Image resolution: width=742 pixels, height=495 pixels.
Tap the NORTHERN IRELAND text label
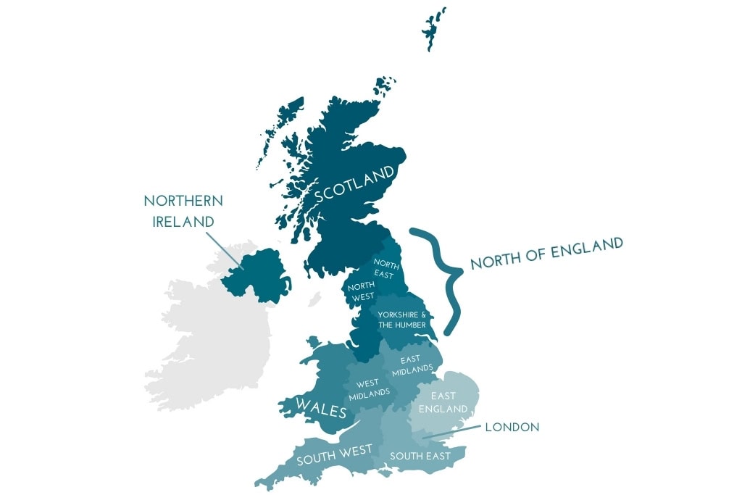tap(183, 210)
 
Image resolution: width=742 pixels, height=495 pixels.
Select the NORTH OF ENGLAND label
tap(546, 253)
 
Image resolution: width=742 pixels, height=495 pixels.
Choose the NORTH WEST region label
tap(361, 291)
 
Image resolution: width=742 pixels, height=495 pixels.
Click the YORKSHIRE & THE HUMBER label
tap(402, 320)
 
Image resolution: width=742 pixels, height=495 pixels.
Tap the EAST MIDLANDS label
tap(412, 365)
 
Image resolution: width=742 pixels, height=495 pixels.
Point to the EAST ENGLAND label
tap(443, 402)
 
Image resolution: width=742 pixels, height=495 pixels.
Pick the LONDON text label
tap(512, 428)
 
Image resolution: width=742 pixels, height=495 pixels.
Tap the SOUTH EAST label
tap(420, 456)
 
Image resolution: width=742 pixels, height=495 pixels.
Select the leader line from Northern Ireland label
tap(224, 249)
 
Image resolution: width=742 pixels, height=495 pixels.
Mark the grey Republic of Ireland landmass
tap(210, 341)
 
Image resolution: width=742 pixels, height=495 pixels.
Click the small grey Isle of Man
tap(314, 299)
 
